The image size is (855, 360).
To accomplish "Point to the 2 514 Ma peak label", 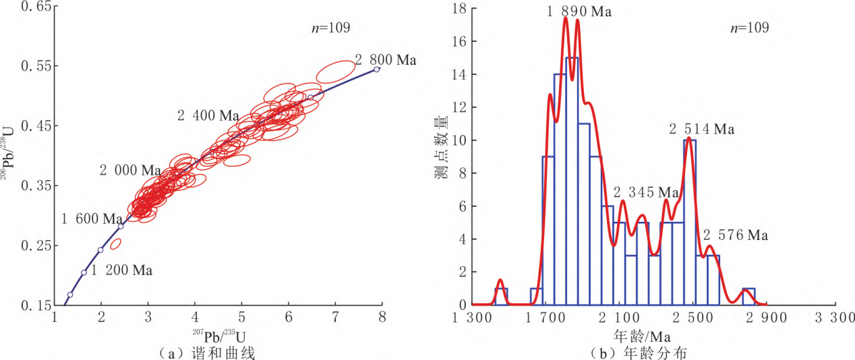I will coord(701,129).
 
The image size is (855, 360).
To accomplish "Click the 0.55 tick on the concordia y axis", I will coord(34,65).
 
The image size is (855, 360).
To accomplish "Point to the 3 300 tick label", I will coord(836,317).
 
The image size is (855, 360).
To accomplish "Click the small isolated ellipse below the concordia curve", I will coord(115,243).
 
